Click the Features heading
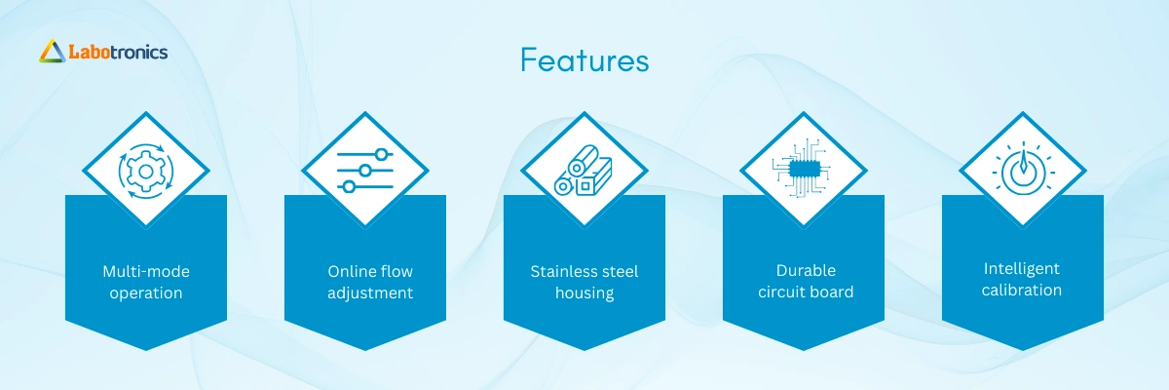click(584, 60)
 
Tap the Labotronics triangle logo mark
click(53, 51)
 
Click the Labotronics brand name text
click(118, 52)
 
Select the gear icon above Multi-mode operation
click(146, 172)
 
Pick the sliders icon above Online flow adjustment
click(365, 171)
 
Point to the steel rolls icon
click(583, 171)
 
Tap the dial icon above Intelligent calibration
click(1024, 169)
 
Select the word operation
click(146, 292)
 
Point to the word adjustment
click(370, 292)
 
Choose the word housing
click(584, 292)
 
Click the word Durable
click(806, 270)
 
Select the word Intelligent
click(1022, 269)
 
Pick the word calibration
click(1022, 290)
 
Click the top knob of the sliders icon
click(382, 155)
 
